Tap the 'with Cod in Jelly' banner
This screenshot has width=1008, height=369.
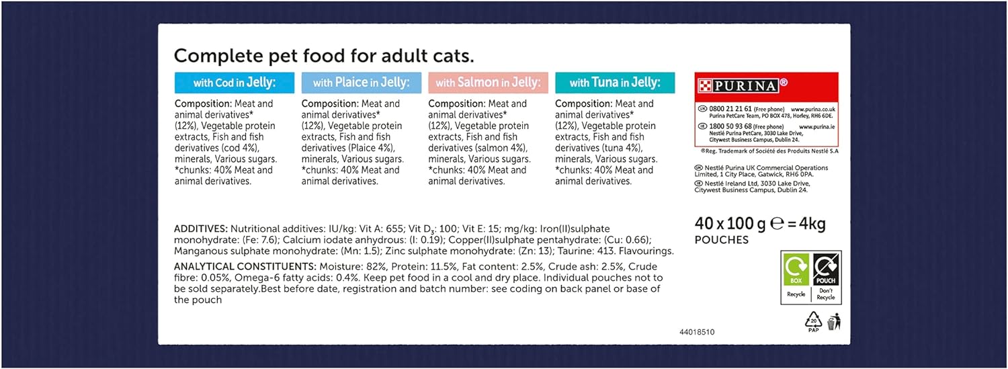click(x=235, y=83)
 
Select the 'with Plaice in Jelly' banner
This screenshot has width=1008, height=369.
click(x=361, y=83)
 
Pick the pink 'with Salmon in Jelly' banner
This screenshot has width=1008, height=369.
click(x=488, y=83)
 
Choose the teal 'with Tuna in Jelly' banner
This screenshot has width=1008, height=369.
click(x=614, y=83)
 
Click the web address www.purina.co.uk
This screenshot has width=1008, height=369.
click(x=813, y=108)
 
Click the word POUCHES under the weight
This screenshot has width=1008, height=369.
click(x=721, y=240)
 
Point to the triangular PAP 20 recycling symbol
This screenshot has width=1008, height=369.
click(x=814, y=322)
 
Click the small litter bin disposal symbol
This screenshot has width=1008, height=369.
click(x=834, y=323)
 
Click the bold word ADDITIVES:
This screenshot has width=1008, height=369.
click(x=200, y=229)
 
